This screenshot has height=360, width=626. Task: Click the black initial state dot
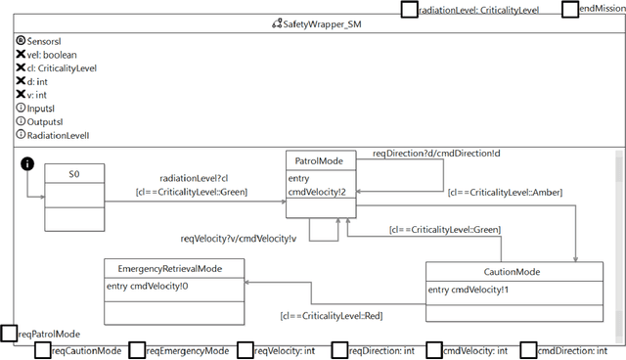click(29, 162)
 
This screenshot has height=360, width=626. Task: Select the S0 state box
click(73, 196)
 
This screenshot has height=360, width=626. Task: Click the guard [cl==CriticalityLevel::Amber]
click(505, 194)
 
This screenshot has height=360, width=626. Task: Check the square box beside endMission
click(570, 9)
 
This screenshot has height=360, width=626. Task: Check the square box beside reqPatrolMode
click(9, 334)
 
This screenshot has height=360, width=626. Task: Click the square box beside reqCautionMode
click(42, 349)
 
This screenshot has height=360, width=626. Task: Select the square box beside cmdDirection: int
click(529, 349)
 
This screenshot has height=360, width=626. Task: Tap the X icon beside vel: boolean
click(22, 56)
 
